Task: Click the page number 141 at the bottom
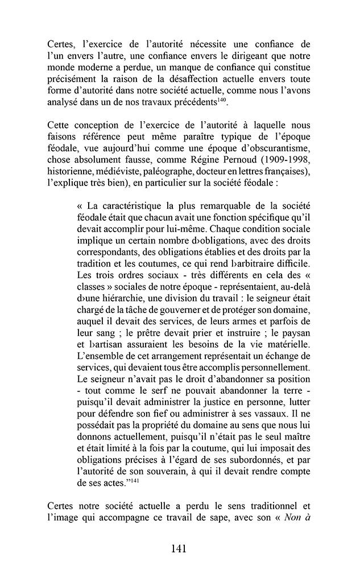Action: click(180, 549)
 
